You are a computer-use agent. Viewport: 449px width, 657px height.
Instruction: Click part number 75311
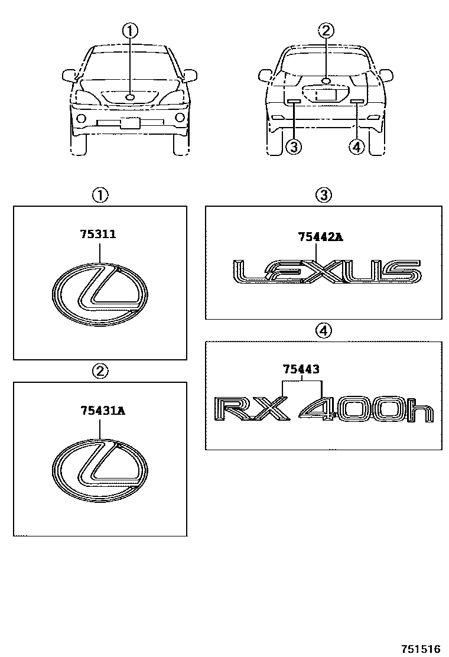click(x=98, y=234)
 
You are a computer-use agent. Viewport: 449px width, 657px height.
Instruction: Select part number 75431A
click(x=103, y=411)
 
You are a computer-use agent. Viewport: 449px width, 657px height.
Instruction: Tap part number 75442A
click(x=320, y=237)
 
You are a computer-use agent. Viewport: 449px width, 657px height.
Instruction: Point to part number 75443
click(x=301, y=369)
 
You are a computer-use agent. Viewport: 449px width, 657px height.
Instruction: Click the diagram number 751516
click(x=421, y=649)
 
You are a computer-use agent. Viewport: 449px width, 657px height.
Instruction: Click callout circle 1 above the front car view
click(x=130, y=31)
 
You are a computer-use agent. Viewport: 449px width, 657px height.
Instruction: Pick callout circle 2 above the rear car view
click(x=326, y=31)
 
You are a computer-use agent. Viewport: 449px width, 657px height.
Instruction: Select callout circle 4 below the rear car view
click(x=356, y=147)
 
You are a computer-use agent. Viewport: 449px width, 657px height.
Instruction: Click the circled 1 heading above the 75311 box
click(x=100, y=195)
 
